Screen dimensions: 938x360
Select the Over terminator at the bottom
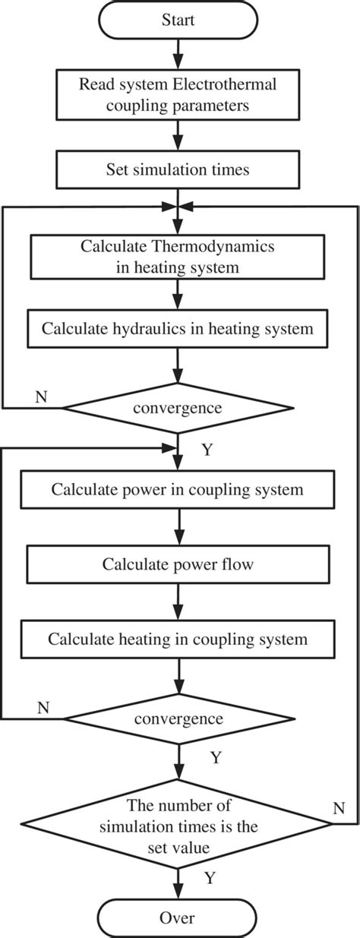pyautogui.click(x=178, y=918)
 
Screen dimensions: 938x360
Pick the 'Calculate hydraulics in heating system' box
pyautogui.click(x=178, y=329)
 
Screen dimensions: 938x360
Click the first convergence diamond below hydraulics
pyautogui.click(x=178, y=408)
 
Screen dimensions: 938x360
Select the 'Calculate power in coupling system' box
pyautogui.click(x=178, y=489)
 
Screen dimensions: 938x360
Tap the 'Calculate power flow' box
pyautogui.click(x=178, y=564)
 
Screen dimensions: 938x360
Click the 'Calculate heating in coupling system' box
pyautogui.click(x=178, y=639)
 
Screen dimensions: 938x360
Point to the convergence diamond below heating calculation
pyautogui.click(x=178, y=718)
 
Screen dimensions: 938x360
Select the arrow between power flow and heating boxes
pyautogui.click(x=178, y=602)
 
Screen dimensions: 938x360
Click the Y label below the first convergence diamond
pyautogui.click(x=206, y=450)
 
